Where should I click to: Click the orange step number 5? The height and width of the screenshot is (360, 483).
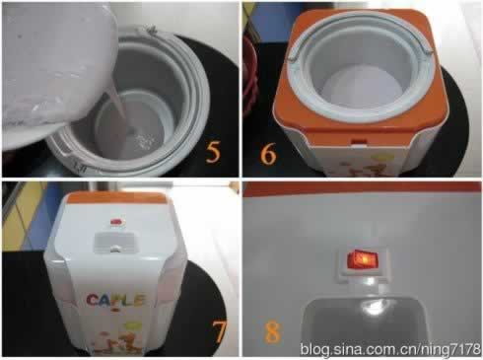213,152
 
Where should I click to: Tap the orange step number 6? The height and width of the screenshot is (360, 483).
268,154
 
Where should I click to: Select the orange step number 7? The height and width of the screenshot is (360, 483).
219,331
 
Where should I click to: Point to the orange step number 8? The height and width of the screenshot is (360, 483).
273,332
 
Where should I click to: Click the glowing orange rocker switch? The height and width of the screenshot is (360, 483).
363,259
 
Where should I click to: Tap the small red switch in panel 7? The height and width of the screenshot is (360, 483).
116,222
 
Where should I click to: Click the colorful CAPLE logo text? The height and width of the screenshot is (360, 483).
115,300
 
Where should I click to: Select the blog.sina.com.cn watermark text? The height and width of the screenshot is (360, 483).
390,348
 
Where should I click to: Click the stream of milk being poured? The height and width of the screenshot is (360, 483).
118,115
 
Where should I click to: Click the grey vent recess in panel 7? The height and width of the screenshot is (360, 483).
114,243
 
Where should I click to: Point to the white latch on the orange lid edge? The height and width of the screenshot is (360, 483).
359,141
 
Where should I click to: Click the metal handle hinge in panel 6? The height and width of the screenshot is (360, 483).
426,51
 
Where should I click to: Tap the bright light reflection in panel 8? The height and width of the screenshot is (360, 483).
373,308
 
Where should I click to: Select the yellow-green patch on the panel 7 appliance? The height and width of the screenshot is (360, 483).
133,325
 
